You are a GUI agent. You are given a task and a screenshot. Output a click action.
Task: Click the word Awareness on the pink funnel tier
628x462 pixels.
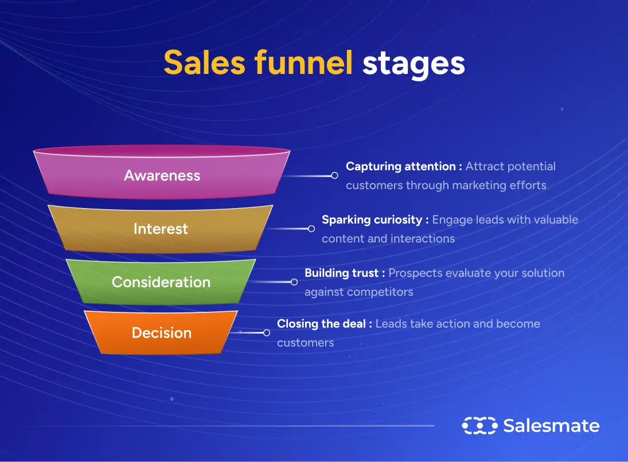162,175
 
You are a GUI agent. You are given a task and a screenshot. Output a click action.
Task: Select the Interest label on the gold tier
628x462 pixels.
161,229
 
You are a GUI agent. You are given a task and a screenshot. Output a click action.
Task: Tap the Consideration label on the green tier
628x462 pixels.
161,282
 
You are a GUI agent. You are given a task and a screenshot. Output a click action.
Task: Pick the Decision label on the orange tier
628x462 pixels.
162,332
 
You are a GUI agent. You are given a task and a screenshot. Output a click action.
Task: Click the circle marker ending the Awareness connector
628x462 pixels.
335,175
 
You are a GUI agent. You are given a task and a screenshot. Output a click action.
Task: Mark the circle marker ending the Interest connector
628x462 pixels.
311,229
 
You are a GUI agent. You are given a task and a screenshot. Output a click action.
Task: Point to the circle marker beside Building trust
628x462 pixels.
294,282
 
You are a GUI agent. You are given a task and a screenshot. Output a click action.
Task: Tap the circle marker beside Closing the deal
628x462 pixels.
267,332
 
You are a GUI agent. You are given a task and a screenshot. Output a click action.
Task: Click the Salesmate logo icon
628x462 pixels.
479,426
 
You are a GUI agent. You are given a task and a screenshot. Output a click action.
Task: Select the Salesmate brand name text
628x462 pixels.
551,426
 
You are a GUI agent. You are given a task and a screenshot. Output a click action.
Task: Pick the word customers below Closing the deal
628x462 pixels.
305,343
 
